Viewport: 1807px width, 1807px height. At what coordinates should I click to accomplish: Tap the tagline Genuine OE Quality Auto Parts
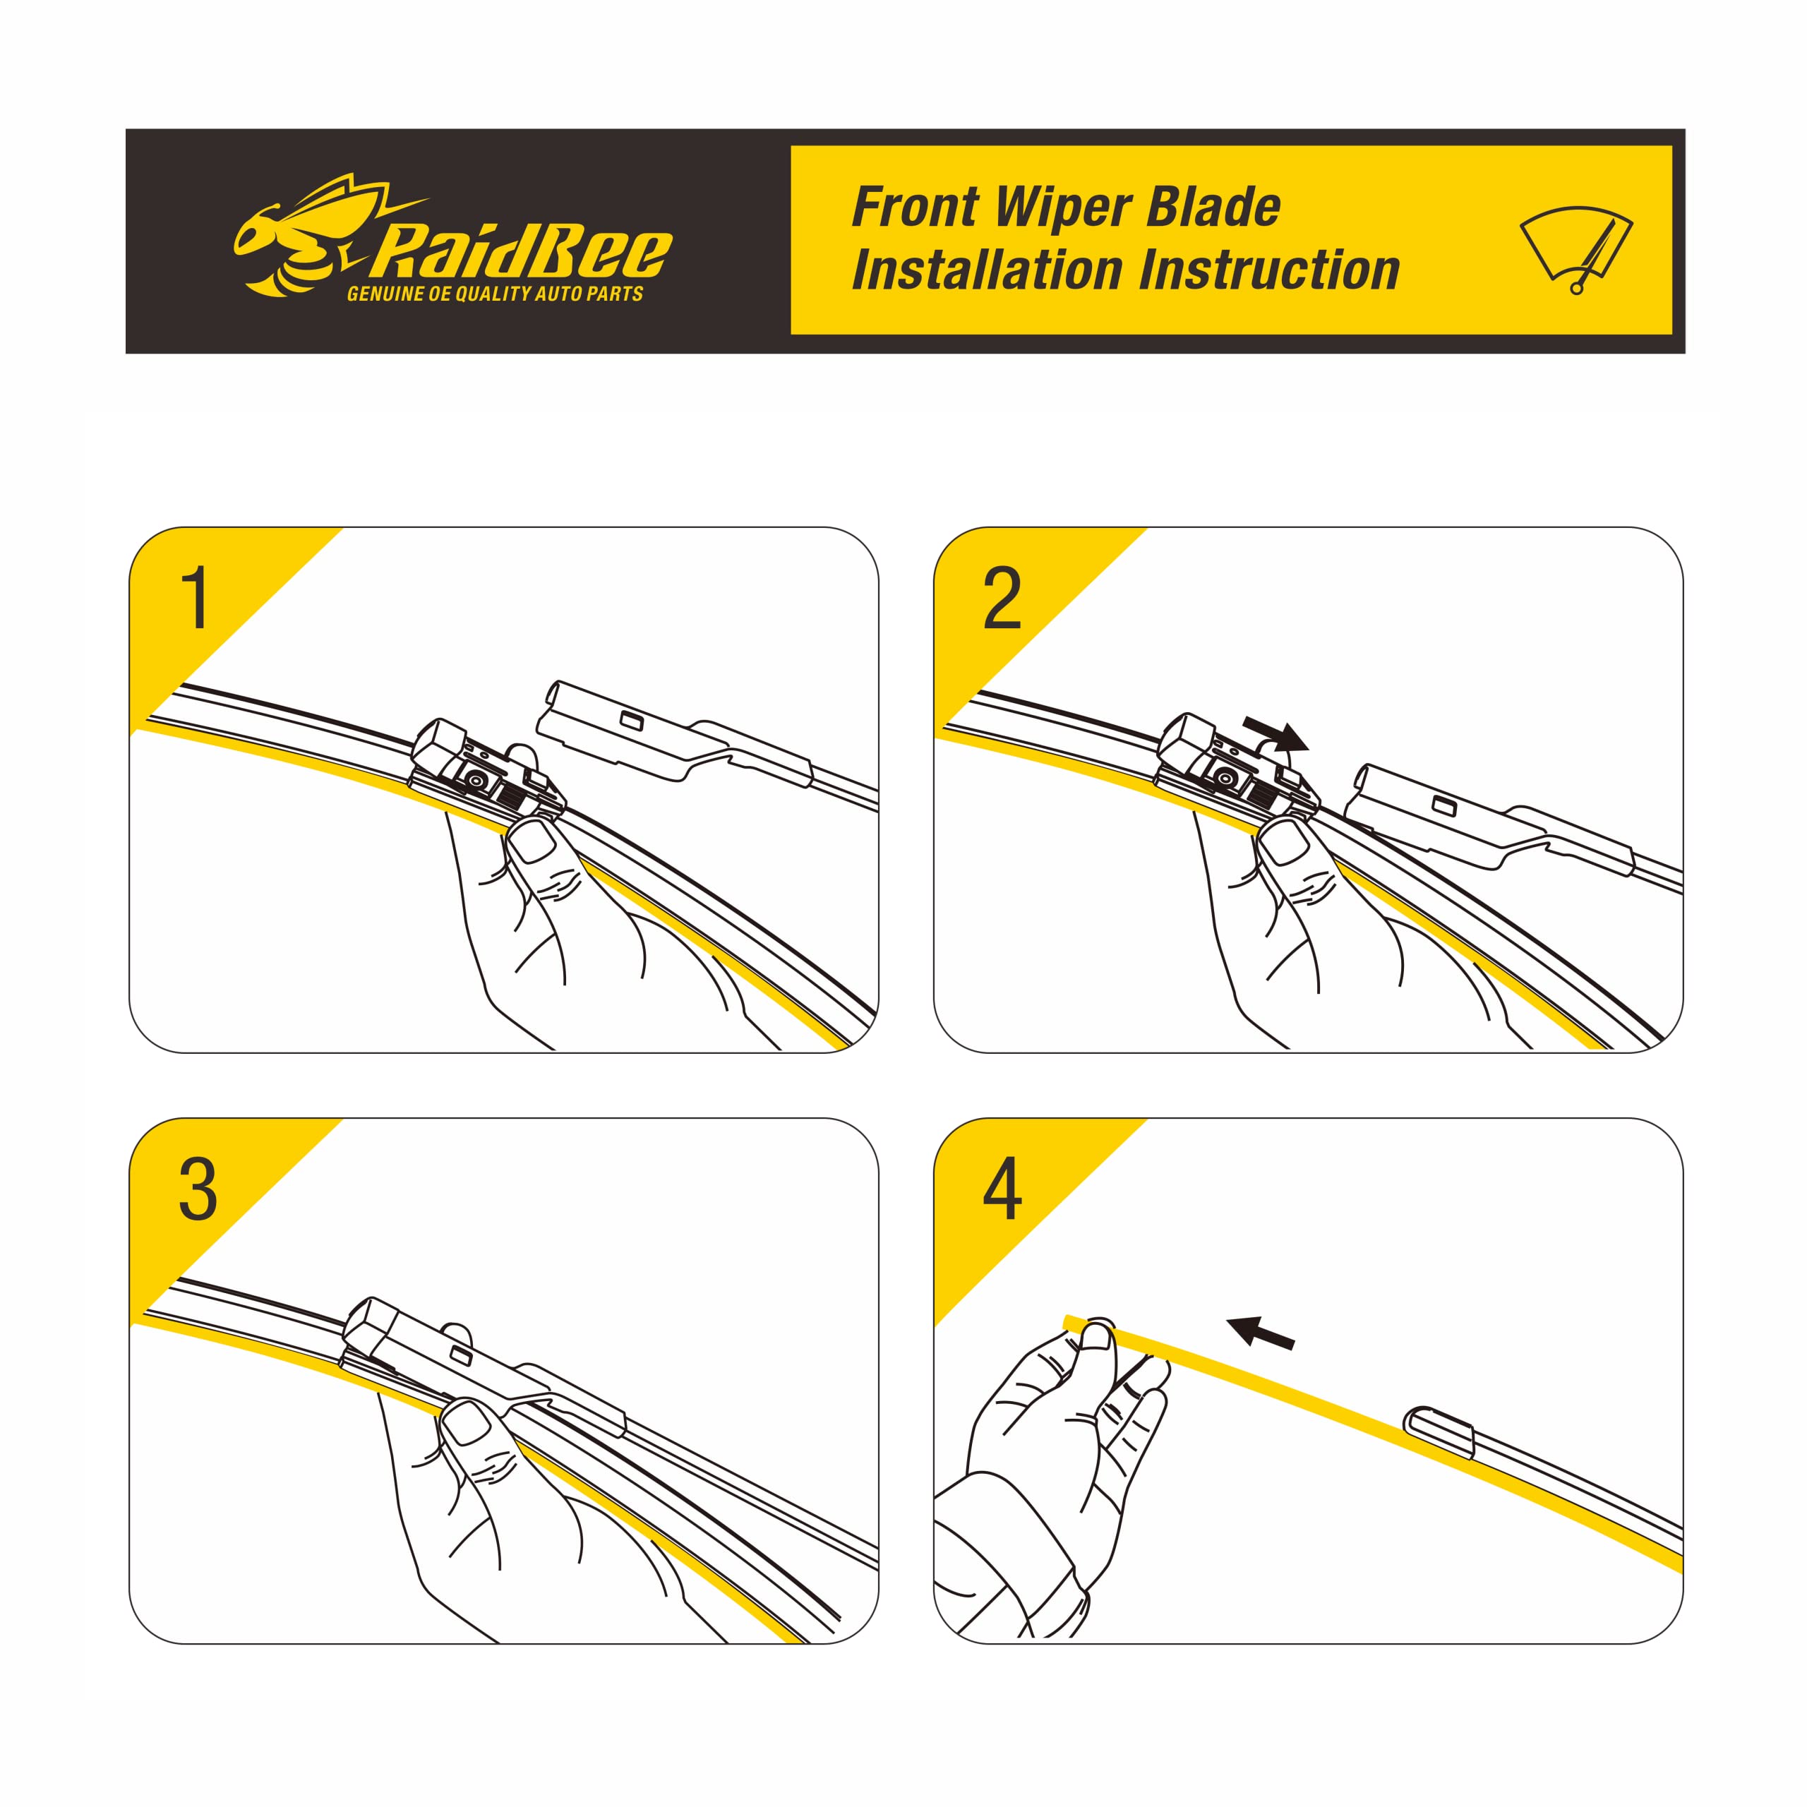495,294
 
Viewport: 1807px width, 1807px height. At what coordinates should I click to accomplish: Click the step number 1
196,599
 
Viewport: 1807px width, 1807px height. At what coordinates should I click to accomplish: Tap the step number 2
1002,599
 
